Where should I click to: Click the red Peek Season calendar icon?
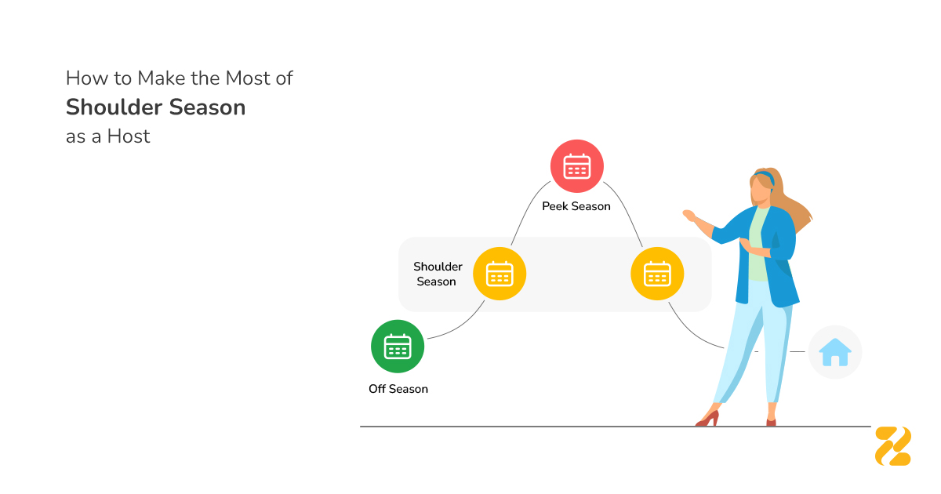coord(577,166)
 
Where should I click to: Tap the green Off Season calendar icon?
coord(398,346)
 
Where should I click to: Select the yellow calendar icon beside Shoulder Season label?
coord(500,274)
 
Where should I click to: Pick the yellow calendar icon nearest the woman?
coord(657,274)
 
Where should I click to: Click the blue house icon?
coord(834,352)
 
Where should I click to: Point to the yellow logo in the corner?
coord(893,445)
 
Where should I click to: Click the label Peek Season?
coord(576,206)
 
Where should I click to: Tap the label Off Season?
coord(398,389)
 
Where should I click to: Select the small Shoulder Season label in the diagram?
coord(438,274)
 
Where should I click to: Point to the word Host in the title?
coord(129,136)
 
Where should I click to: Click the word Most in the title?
coord(252,78)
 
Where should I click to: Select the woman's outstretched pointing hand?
coord(690,214)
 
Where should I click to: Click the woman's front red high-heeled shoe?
coord(707,419)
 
